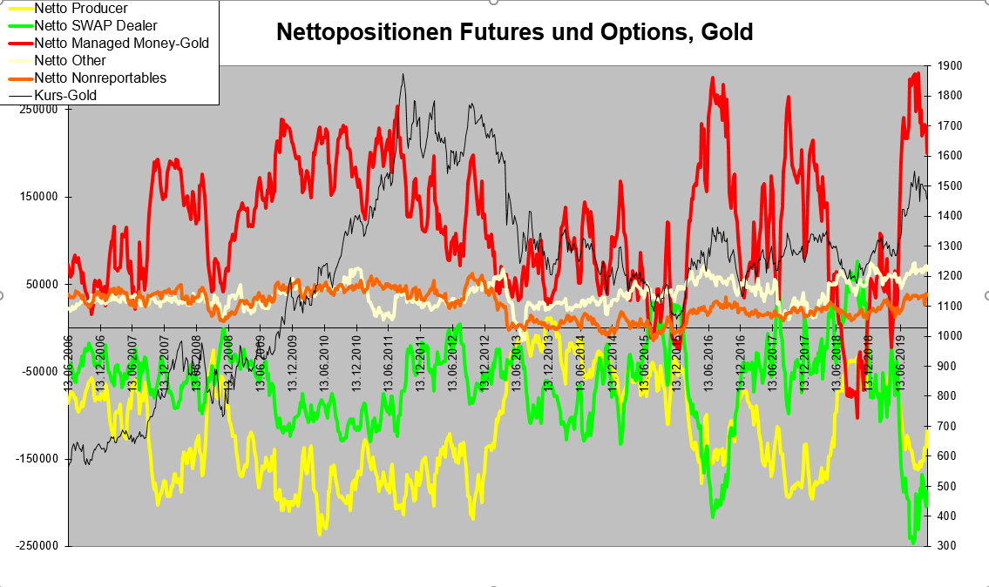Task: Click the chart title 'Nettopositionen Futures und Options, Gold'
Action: click(x=514, y=33)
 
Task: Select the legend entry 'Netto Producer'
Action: click(x=80, y=9)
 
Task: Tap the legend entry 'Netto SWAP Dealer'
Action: click(x=95, y=26)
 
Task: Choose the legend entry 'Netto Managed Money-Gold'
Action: click(x=121, y=43)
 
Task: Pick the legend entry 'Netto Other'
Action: click(x=70, y=61)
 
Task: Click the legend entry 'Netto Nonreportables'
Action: click(x=99, y=78)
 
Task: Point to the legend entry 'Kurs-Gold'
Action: click(x=64, y=96)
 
